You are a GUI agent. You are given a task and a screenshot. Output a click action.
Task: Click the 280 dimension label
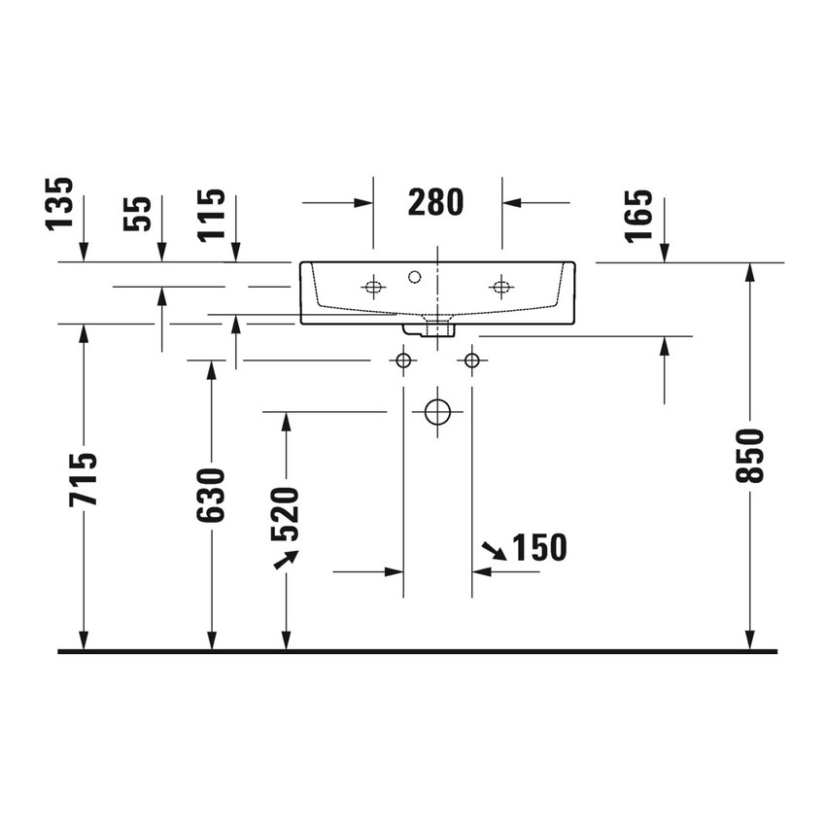click(x=436, y=202)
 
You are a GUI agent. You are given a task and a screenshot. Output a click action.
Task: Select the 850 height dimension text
click(x=750, y=458)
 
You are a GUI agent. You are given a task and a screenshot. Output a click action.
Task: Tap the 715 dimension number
click(x=85, y=478)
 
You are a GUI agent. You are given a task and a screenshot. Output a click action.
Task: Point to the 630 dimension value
click(x=211, y=495)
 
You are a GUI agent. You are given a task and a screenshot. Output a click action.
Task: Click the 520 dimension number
click(x=285, y=513)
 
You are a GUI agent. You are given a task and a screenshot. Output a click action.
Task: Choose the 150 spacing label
click(x=538, y=548)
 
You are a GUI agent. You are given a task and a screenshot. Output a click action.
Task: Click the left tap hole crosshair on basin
click(x=373, y=286)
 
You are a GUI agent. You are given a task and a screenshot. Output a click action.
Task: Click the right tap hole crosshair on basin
click(x=501, y=286)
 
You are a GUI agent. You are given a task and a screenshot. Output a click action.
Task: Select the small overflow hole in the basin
click(x=415, y=278)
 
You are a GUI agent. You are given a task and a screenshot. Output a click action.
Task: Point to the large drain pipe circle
click(x=438, y=412)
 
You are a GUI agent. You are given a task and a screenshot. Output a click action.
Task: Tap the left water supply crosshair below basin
click(x=403, y=361)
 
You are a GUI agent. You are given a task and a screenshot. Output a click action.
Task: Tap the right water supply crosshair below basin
click(x=473, y=361)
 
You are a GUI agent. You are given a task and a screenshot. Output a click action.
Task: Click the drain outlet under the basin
click(x=439, y=328)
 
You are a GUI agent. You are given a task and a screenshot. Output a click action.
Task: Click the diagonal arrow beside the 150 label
click(x=493, y=550)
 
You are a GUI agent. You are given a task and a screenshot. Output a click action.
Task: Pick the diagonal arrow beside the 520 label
click(x=286, y=559)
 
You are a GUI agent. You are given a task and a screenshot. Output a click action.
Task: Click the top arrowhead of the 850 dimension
click(x=750, y=272)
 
